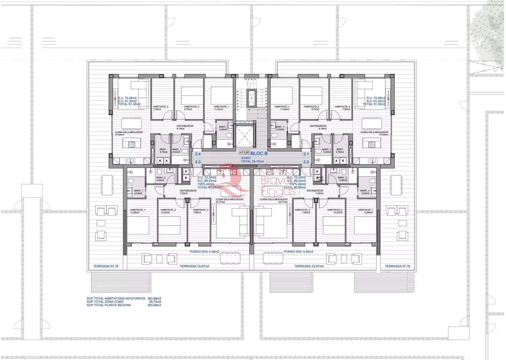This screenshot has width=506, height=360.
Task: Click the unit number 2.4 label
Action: pyautogui.click(x=198, y=154)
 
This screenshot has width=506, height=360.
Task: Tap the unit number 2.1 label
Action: pyautogui.click(x=306, y=154)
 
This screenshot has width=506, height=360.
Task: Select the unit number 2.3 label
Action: pyautogui.click(x=198, y=162)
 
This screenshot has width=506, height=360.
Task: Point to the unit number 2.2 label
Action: pyautogui.click(x=306, y=162)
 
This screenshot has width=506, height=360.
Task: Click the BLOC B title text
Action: pyautogui.click(x=259, y=154)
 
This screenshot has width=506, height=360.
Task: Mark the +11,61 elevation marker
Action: pyautogui.click(x=244, y=153)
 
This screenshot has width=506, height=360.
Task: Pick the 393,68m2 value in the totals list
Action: pyautogui.click(x=154, y=305)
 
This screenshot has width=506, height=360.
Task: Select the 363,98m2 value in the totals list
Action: pyautogui.click(x=154, y=299)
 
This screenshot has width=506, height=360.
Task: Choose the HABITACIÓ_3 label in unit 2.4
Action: pyautogui.click(x=161, y=108)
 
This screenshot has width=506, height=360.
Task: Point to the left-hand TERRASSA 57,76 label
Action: pyautogui.click(x=106, y=266)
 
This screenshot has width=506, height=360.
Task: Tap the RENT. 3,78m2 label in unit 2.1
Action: pyautogui.click(x=340, y=151)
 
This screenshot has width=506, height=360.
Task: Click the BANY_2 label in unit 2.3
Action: pyautogui.click(x=161, y=179)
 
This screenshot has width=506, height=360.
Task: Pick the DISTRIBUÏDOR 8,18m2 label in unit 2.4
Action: pyautogui.click(x=185, y=127)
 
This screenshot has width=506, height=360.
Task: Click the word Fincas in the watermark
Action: pyautogui.click(x=278, y=192)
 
